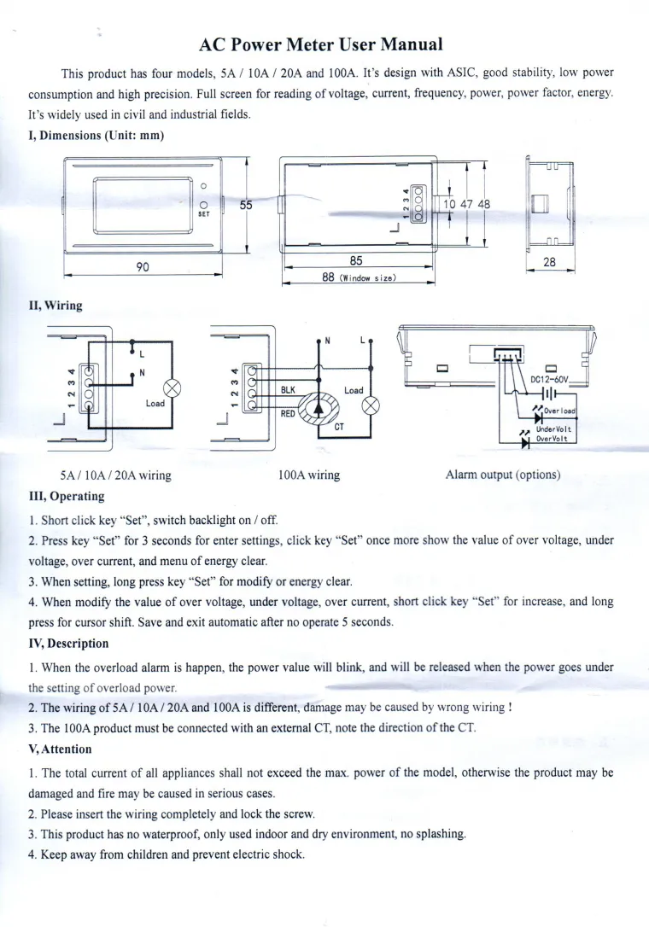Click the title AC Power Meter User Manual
pyautogui.click(x=321, y=44)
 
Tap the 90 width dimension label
pyautogui.click(x=143, y=266)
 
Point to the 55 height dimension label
pyautogui.click(x=246, y=205)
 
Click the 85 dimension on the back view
pyautogui.click(x=358, y=260)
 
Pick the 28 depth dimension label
pyautogui.click(x=549, y=263)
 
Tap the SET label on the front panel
pyautogui.click(x=204, y=215)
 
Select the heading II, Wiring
pyautogui.click(x=56, y=306)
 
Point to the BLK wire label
pyautogui.click(x=288, y=389)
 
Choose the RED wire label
pyautogui.click(x=288, y=412)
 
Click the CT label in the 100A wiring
pyautogui.click(x=339, y=428)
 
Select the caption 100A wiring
pyautogui.click(x=309, y=475)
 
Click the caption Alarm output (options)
pyautogui.click(x=503, y=475)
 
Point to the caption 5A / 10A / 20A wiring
pyautogui.click(x=115, y=475)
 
